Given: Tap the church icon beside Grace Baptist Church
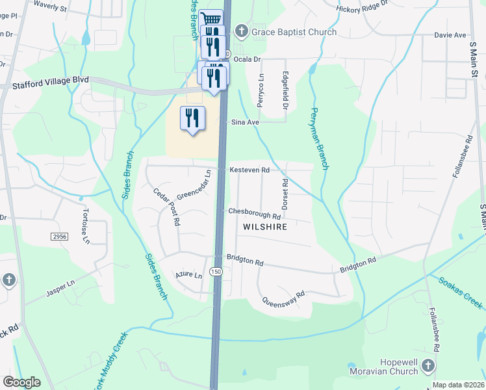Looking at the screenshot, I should click(241, 31).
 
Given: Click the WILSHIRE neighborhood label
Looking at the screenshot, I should click(264, 227).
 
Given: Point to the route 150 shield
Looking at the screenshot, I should click(216, 270).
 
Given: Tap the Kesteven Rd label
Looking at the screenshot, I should click(249, 169).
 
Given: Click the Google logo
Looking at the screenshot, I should click(21, 382).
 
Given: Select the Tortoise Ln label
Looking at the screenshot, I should click(84, 227).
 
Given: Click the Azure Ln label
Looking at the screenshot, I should click(189, 276).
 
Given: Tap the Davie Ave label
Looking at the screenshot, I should click(450, 34).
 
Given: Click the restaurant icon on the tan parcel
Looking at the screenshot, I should click(192, 118).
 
